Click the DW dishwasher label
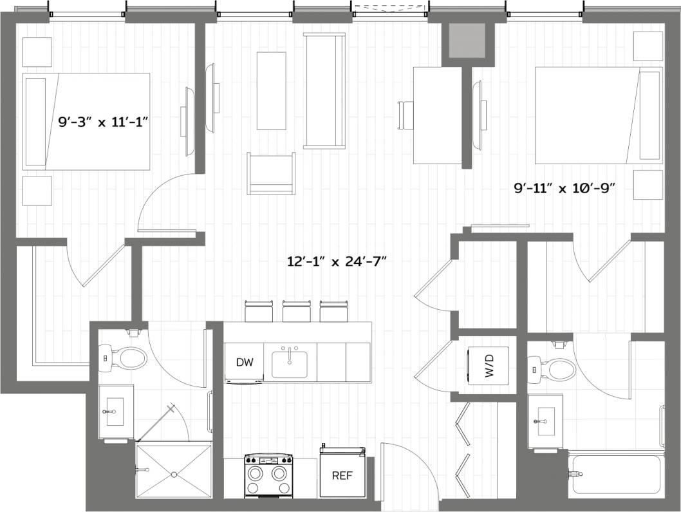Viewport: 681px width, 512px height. tap(245, 363)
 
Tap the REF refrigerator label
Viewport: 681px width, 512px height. tap(341, 476)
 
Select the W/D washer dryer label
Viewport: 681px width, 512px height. tap(489, 368)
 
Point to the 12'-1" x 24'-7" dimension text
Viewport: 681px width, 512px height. tap(339, 261)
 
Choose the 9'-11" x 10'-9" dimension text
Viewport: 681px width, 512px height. tap(564, 188)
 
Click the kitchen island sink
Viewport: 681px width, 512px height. tap(290, 364)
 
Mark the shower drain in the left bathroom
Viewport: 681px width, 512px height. tap(174, 475)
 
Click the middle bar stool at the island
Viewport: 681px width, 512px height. tap(296, 312)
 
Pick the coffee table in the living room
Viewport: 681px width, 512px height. tap(272, 91)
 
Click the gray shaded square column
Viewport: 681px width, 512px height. tap(467, 43)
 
